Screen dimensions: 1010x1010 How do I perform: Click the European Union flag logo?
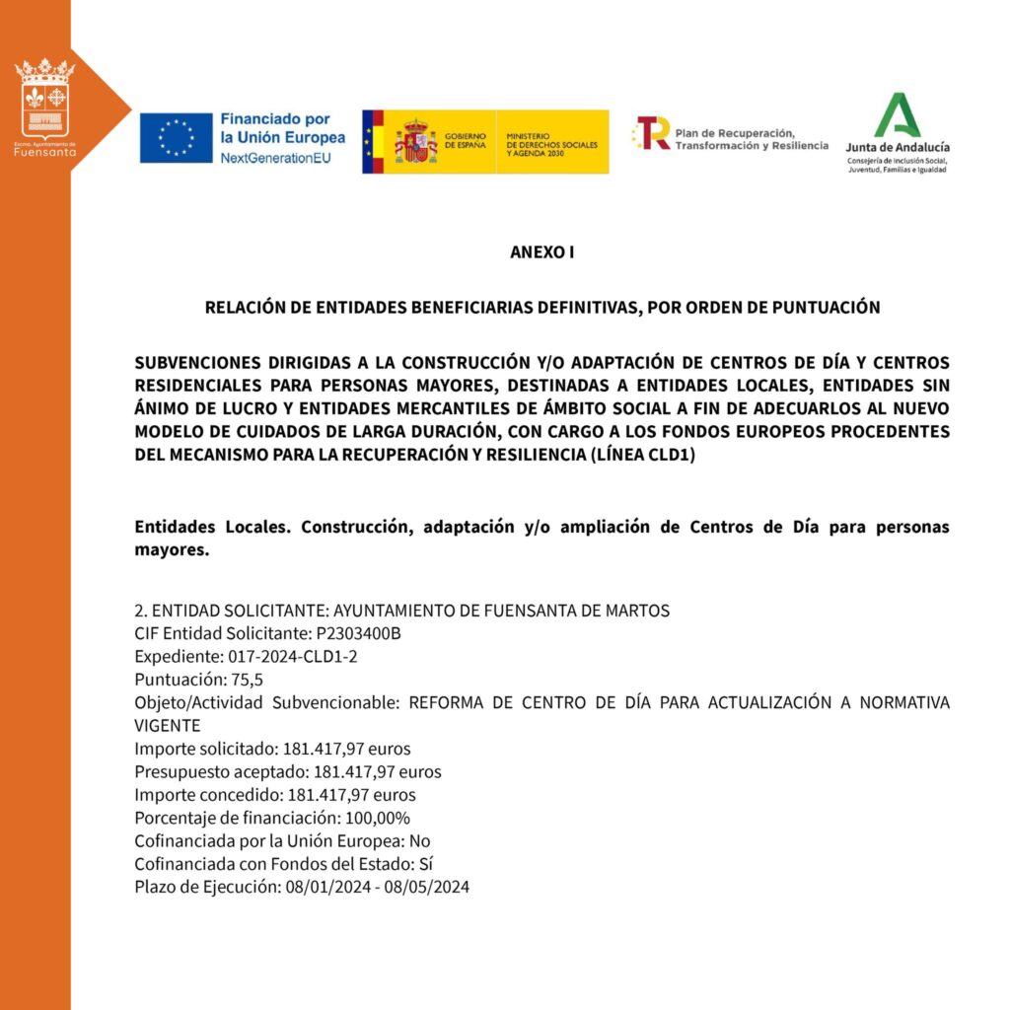point(176,138)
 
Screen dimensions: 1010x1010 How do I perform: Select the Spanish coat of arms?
point(415,142)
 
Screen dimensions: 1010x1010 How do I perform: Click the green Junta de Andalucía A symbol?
point(897,115)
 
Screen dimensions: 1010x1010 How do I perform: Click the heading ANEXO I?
point(541,252)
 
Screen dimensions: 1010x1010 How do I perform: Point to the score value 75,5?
point(248,680)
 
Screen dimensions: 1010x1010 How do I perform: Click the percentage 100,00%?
point(375,818)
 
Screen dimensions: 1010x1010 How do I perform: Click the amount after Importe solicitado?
point(346,749)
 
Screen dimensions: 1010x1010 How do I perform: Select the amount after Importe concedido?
point(351,795)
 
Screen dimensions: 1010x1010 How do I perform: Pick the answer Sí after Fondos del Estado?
point(426,864)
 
